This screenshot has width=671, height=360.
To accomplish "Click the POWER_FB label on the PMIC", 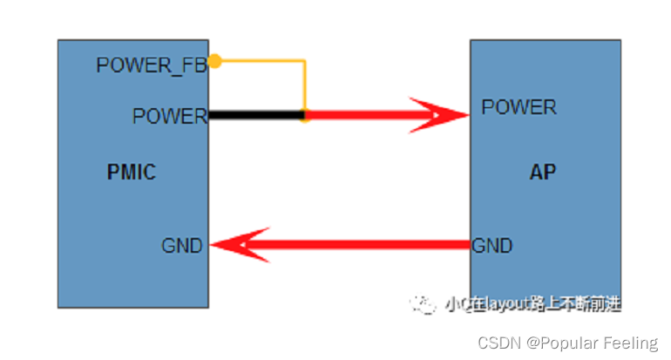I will [151, 65].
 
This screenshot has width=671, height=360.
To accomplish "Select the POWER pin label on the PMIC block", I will [169, 116].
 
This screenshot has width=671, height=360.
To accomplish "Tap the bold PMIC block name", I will [131, 173].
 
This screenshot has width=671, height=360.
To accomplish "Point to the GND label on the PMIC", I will [181, 247].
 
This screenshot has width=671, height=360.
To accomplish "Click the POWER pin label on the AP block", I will [518, 107].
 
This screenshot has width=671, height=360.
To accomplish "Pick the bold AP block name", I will [542, 173].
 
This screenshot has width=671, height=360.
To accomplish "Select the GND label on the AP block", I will [492, 247].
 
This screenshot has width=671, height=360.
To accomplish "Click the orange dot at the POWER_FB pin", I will [214, 61].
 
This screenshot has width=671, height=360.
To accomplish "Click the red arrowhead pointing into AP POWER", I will [440, 115].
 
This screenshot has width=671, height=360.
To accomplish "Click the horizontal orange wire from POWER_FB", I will [260, 61].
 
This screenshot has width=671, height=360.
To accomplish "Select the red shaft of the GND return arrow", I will [366, 246].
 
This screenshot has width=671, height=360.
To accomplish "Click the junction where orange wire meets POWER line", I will [304, 115].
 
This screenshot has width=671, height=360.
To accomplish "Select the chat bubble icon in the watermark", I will [424, 304].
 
